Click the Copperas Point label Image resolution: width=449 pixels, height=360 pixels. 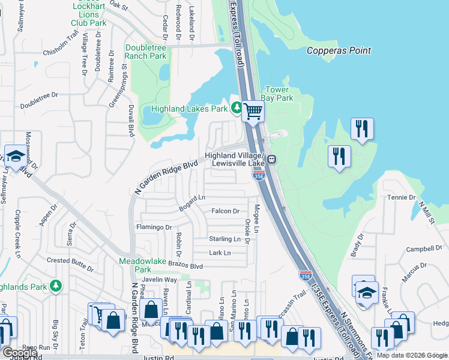339,50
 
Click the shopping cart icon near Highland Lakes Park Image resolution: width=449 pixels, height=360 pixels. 253,110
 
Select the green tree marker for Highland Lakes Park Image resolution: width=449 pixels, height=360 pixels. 237,109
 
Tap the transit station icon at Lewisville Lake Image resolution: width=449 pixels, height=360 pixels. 272,159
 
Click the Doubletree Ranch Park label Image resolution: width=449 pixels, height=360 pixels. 146,52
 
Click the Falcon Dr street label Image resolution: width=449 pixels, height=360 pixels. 226,211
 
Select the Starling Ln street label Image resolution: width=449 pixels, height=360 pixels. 224,239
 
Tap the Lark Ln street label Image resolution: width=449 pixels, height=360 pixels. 220,253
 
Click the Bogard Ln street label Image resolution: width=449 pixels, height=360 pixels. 192,203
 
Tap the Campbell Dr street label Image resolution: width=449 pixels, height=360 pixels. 420,249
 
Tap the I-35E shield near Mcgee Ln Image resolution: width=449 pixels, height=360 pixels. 259,175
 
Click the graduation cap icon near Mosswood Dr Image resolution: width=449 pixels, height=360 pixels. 15,156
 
